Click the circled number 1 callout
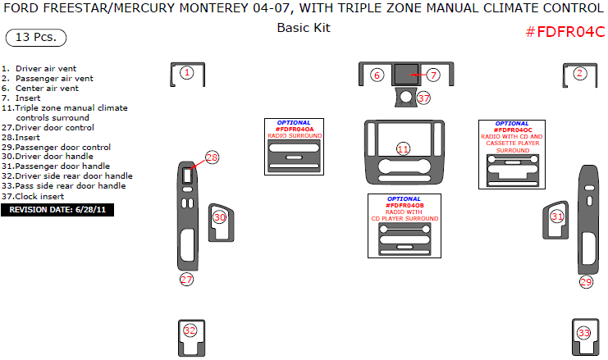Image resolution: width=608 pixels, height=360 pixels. click(x=187, y=73)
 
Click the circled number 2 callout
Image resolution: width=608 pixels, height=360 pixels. click(x=580, y=73)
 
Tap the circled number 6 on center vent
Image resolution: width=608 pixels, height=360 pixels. click(x=377, y=75)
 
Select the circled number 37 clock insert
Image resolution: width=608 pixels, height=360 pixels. click(x=423, y=98)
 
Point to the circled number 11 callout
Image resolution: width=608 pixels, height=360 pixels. click(x=403, y=148)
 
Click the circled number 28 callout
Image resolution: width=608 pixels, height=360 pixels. click(x=213, y=157)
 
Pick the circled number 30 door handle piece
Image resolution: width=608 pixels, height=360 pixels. click(x=220, y=217)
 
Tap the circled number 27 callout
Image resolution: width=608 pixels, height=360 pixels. click(x=187, y=280)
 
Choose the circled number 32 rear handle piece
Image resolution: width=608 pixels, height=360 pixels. click(x=190, y=330)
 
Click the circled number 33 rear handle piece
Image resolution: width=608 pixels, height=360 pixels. click(x=584, y=333)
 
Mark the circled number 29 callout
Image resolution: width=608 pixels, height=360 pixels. click(x=586, y=282)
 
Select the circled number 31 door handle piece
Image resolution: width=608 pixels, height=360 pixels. click(x=557, y=216)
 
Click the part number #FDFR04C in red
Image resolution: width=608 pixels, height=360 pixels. click(x=565, y=32)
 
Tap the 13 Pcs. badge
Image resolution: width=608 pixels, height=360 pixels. click(x=36, y=39)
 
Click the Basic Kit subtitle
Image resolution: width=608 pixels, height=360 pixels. click(x=304, y=27)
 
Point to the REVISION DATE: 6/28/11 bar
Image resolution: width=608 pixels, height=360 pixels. click(x=57, y=210)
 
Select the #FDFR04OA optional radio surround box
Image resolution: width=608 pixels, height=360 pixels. click(x=295, y=146)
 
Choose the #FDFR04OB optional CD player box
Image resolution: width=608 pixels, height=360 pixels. click(x=404, y=226)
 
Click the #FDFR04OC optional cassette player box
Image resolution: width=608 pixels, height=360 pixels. click(x=514, y=154)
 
